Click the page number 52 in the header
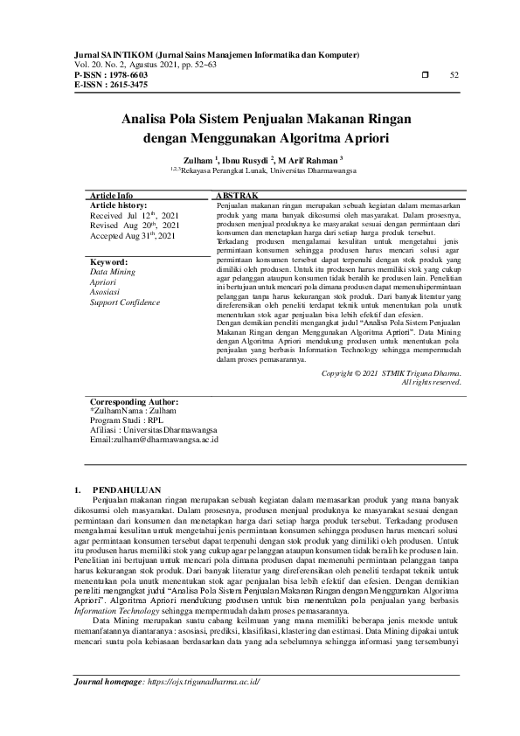tap(454, 76)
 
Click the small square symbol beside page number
tap(425, 76)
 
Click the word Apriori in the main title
tap(353, 137)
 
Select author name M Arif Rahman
tap(314, 161)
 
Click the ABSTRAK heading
tap(236, 197)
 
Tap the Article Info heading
tap(112, 197)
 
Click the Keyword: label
tap(109, 261)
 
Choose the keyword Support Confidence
tap(125, 302)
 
